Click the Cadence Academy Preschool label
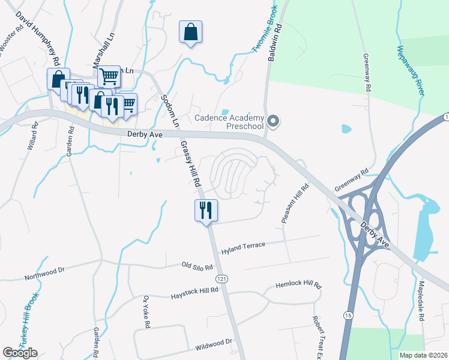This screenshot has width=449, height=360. (x=229, y=122)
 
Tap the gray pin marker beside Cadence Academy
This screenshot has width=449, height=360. (x=274, y=121)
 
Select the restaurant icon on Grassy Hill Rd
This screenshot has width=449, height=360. (x=206, y=211)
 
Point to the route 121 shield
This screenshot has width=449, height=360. (x=221, y=280)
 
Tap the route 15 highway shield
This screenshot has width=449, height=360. (x=348, y=314)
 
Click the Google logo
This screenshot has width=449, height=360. (x=20, y=353)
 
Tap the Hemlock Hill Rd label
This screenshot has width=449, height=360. (x=298, y=286)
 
